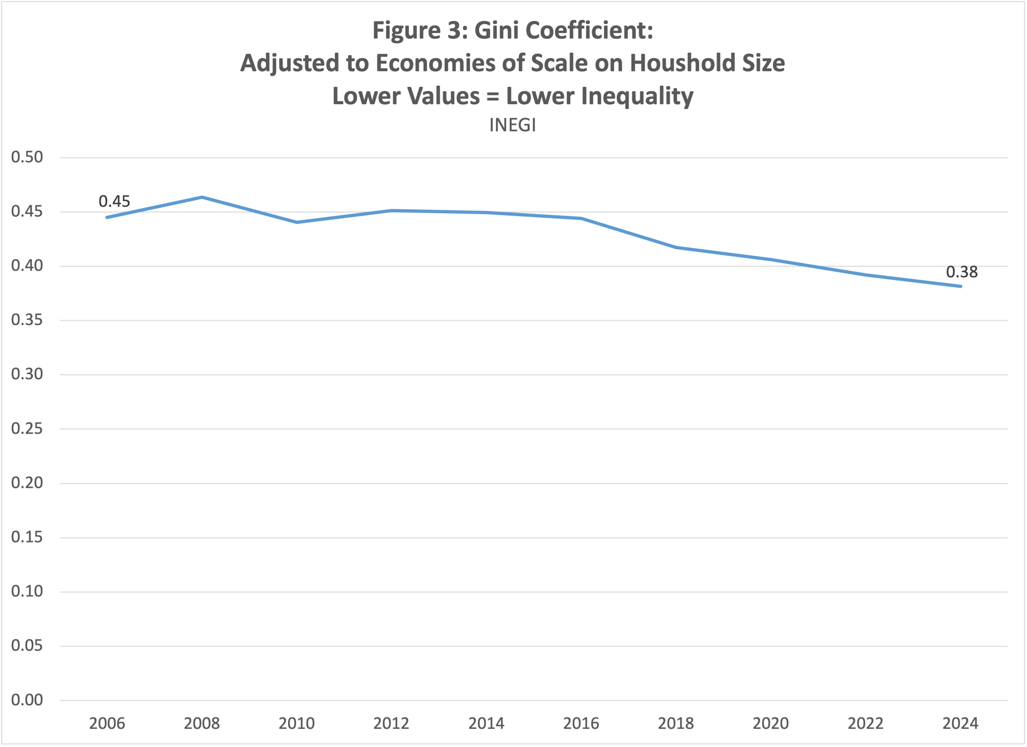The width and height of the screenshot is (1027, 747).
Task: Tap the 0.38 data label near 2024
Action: point(962,272)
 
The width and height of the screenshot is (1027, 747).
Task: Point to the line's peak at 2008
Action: point(202,197)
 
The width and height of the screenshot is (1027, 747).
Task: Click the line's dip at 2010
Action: point(297,222)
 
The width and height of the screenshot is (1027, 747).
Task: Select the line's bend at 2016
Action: point(581,218)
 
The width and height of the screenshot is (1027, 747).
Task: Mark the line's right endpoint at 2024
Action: point(960,286)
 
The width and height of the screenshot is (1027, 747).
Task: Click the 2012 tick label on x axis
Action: point(391,723)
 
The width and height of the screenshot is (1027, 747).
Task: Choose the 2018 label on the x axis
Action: point(676,723)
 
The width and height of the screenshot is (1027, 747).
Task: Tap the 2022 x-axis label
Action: point(865,723)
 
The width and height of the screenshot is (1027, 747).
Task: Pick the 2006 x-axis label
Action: point(107,723)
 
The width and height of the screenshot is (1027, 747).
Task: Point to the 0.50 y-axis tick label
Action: point(27,157)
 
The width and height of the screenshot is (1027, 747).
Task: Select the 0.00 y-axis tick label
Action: point(27,700)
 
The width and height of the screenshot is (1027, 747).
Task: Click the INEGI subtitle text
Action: point(513,125)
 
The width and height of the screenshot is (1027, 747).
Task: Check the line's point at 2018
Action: point(676,247)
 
